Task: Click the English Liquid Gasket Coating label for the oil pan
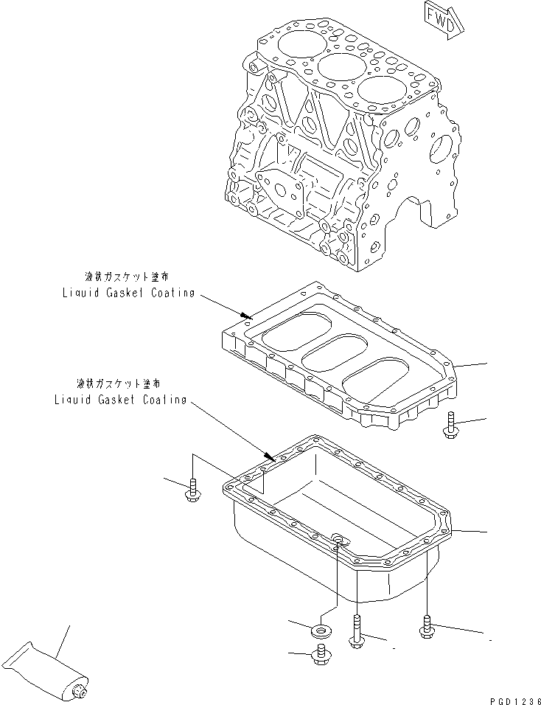120,399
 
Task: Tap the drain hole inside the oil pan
339,542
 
